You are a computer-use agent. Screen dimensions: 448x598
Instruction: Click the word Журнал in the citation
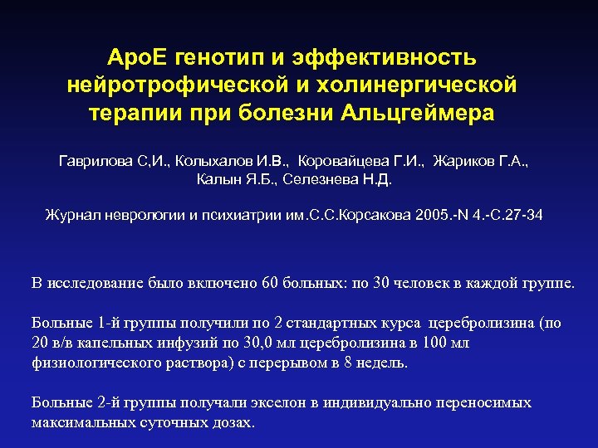71,216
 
